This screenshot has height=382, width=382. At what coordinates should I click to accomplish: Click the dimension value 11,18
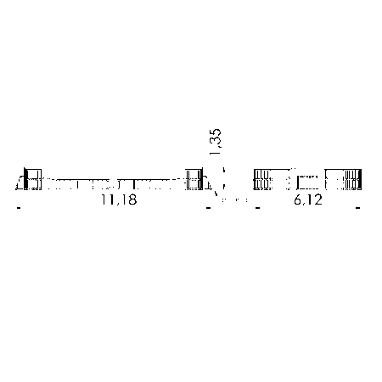(x=119, y=199)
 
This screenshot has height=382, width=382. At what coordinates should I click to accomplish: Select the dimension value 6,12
(x=308, y=199)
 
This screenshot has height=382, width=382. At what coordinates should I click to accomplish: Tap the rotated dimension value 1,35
(x=216, y=142)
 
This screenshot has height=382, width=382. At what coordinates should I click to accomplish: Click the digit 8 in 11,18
(x=132, y=199)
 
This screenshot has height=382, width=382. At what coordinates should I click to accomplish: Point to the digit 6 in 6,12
(x=298, y=199)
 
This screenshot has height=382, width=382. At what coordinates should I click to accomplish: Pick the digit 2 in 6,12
(x=318, y=199)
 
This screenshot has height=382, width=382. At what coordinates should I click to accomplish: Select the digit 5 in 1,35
(x=216, y=133)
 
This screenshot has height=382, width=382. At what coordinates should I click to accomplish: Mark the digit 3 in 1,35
(x=216, y=143)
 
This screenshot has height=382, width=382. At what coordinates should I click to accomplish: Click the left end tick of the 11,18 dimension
(x=19, y=208)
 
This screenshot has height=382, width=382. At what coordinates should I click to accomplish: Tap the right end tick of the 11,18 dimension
(x=208, y=208)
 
